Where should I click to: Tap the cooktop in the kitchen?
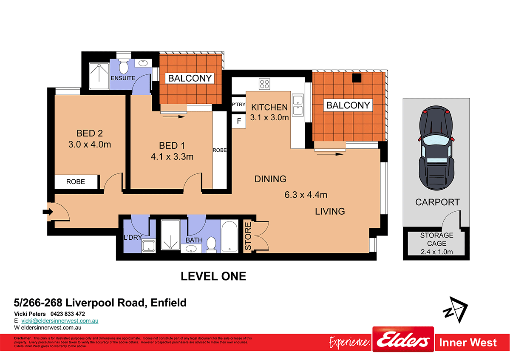[x=264, y=84]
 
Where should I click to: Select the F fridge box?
[x=239, y=122]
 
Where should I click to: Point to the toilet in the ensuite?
[x=124, y=68]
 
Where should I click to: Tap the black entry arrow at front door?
[x=48, y=212]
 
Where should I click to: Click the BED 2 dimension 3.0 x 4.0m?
[x=90, y=145]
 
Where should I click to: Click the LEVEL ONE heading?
[x=213, y=276]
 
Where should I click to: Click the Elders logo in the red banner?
[x=403, y=340]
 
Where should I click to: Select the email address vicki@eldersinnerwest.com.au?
[x=60, y=321]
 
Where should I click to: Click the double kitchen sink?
[x=298, y=105]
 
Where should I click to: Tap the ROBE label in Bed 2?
[x=76, y=181]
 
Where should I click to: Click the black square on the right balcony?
[x=357, y=78]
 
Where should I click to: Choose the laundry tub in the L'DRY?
[x=148, y=246]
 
